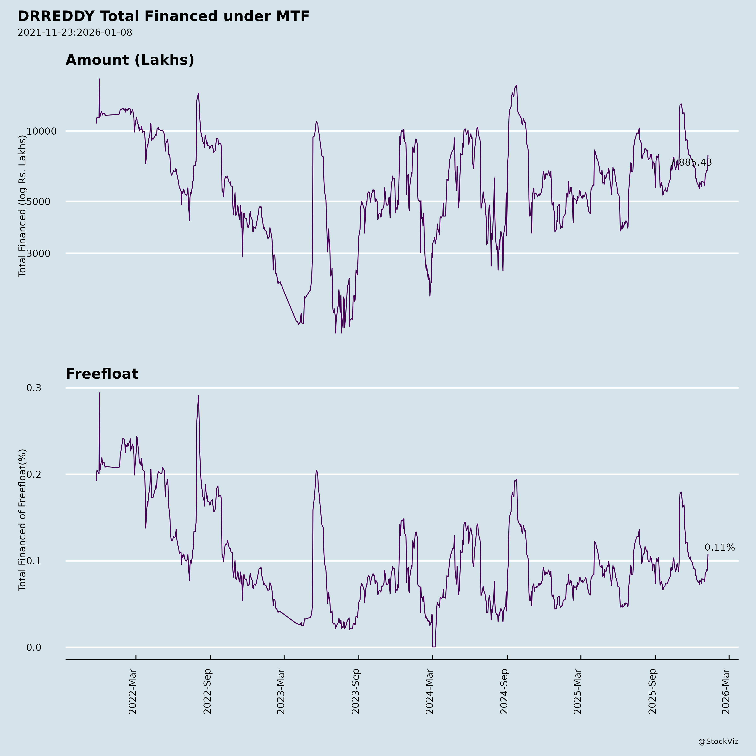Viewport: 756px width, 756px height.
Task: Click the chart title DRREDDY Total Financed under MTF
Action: coord(164,16)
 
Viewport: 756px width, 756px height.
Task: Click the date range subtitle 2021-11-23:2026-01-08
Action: coord(75,33)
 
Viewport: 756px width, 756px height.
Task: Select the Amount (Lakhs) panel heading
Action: coord(130,60)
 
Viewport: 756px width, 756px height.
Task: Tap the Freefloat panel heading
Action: coord(102,374)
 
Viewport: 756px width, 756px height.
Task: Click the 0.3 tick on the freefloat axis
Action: coord(34,388)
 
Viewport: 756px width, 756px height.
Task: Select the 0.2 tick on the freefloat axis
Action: coord(34,474)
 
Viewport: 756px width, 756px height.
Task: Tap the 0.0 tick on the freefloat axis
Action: coord(34,648)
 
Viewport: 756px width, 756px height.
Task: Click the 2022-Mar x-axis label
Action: coord(133,692)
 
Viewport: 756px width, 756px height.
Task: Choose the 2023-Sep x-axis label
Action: coord(356,692)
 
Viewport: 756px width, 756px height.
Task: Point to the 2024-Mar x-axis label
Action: coord(430,692)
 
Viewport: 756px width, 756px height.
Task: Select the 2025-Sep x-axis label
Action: coord(652,692)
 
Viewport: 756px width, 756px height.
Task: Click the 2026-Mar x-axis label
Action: coord(726,692)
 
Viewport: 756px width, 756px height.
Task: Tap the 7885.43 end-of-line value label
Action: coord(691,162)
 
